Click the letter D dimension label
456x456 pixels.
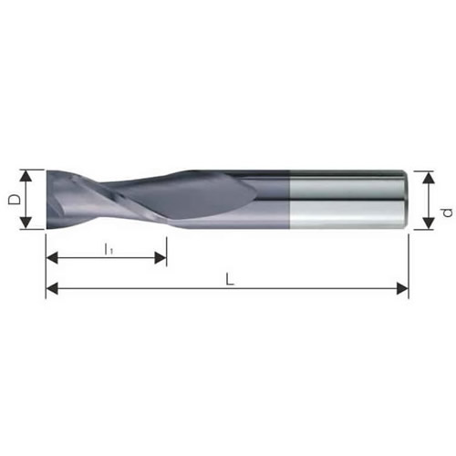[15, 200]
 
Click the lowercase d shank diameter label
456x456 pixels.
[447, 212]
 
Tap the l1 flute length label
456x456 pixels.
[109, 250]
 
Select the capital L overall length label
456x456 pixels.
[230, 279]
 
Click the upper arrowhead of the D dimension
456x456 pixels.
[26, 176]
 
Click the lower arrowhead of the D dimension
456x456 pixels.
[26, 223]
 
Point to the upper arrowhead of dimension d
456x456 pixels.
[429, 177]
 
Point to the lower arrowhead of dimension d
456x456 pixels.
[429, 223]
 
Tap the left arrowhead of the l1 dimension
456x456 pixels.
[52, 258]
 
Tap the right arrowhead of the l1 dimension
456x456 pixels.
[161, 258]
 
